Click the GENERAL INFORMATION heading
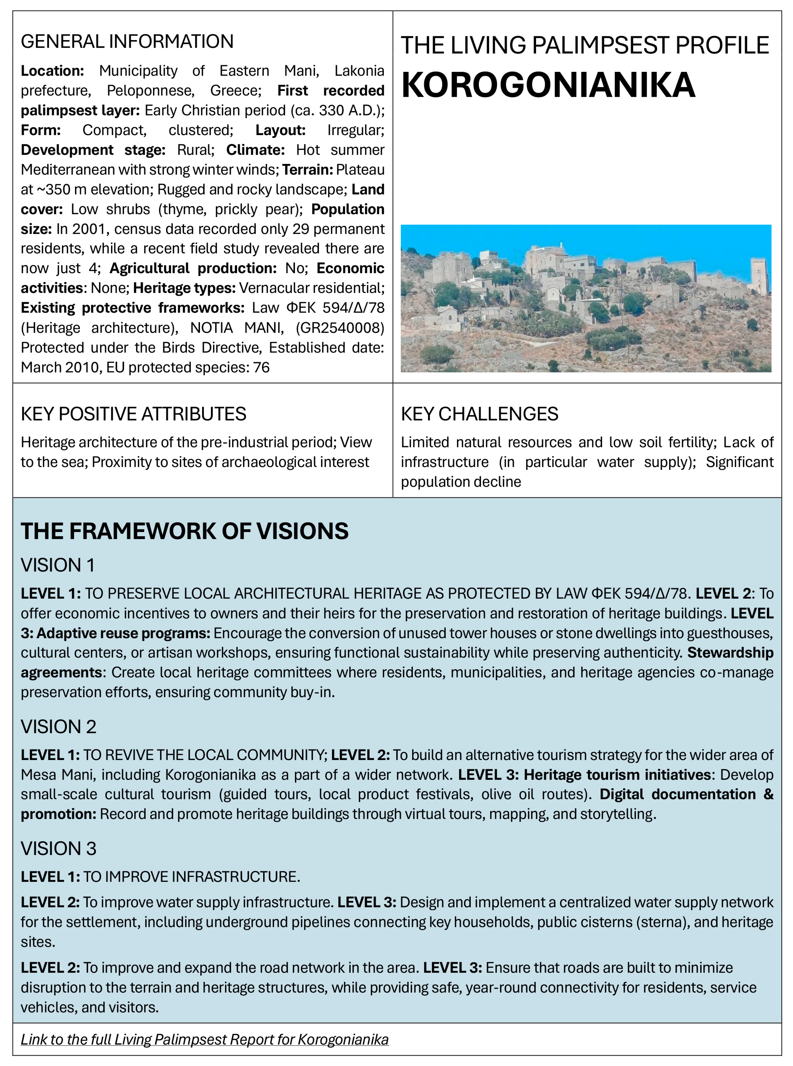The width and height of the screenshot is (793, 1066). click(127, 42)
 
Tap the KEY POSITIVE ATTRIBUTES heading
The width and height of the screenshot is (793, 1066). click(133, 414)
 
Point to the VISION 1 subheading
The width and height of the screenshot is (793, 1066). click(58, 565)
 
